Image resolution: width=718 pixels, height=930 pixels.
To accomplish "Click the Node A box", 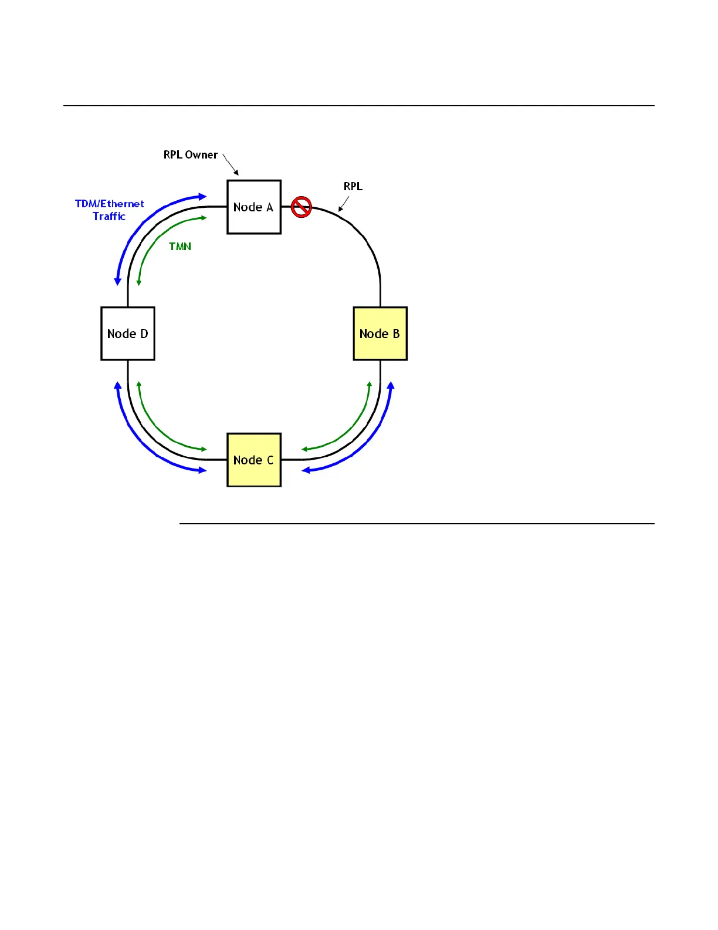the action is [x=254, y=207].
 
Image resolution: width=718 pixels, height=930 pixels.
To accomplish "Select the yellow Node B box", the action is [x=380, y=333].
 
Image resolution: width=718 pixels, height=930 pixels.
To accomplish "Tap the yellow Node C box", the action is [x=254, y=460].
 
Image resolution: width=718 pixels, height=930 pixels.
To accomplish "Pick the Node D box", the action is [x=128, y=333].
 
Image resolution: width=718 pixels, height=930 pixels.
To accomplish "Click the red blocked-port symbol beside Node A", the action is [x=302, y=207].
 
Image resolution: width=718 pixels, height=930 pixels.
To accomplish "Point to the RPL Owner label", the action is [x=191, y=155].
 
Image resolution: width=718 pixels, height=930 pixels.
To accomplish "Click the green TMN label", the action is [x=180, y=247].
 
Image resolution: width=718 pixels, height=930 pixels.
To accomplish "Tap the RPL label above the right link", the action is [x=353, y=187].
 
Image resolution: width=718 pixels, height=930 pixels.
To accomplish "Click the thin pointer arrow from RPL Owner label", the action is [x=231, y=165].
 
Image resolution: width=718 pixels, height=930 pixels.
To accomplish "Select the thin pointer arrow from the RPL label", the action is [x=344, y=204].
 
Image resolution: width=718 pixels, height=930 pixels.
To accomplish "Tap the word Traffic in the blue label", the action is [x=109, y=217].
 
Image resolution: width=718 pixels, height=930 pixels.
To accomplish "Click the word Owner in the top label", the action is [x=201, y=155].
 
